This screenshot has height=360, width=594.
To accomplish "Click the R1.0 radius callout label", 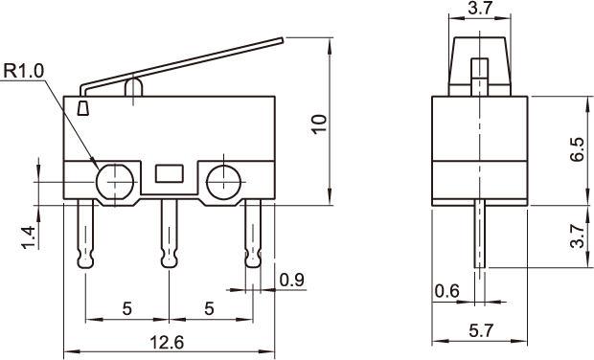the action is coord(24,71).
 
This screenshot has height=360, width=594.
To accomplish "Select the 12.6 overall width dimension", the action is coord(167,342).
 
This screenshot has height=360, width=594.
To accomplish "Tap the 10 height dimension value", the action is coord(319,124).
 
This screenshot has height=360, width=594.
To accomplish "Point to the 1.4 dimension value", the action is coord(29,237).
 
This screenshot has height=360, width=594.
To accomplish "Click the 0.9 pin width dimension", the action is coord(291,281).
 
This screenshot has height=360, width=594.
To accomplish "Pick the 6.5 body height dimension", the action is coord(578,149).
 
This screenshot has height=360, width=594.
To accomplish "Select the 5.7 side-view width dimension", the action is coord(482,331).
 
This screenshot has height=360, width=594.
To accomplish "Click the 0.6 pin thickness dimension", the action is coord(446,291).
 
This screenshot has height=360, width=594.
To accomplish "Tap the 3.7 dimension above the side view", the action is coord(480,8).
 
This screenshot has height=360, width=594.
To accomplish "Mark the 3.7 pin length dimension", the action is coord(578,236).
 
